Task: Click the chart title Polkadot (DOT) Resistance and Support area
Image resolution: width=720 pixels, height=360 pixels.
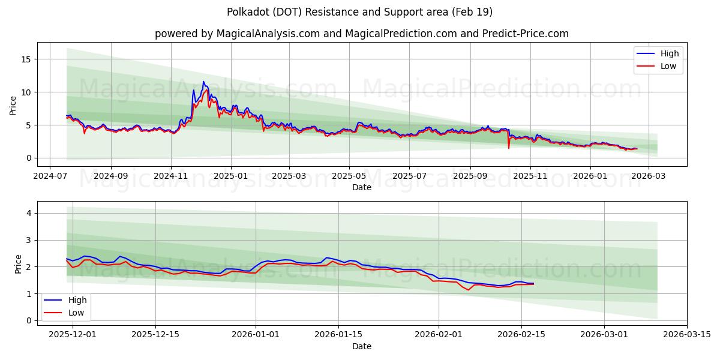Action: (359, 12)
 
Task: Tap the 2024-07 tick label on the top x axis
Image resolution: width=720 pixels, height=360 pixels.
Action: (50, 176)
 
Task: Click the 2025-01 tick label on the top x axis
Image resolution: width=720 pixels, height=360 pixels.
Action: (230, 176)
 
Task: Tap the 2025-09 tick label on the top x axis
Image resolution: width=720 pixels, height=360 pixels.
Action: (470, 176)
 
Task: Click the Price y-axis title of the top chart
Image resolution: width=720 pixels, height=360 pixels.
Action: (13, 104)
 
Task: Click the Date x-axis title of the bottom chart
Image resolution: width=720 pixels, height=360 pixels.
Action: (362, 346)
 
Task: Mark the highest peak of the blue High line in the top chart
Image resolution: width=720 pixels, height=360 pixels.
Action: (203, 82)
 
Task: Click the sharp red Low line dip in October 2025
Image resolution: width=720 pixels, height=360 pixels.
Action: (509, 148)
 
